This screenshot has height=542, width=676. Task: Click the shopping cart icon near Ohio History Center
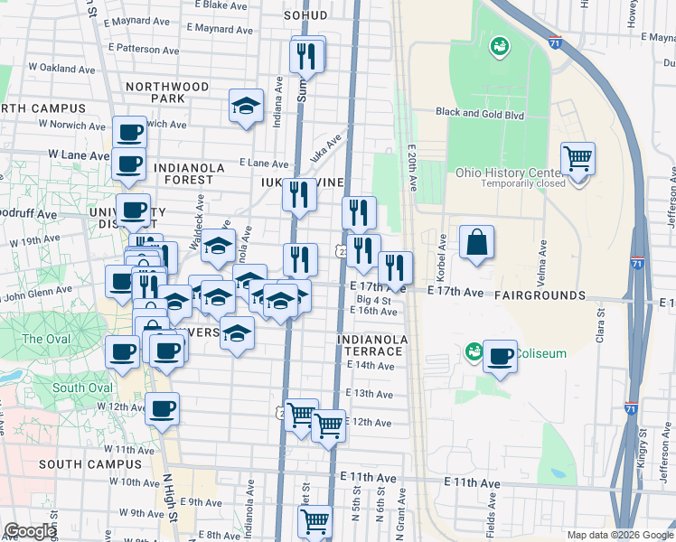tap(577, 160)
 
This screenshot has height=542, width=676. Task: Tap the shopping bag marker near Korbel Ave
tap(476, 242)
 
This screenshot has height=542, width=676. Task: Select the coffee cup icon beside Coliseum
tap(500, 357)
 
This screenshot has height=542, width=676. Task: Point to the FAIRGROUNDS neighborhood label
tap(540, 295)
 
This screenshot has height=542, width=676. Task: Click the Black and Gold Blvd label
tap(479, 113)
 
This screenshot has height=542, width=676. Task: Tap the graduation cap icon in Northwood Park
tap(246, 107)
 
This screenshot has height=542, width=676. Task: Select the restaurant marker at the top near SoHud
tap(307, 56)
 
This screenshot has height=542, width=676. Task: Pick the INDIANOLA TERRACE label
tap(372, 345)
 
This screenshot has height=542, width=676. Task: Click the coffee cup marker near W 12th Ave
tap(163, 409)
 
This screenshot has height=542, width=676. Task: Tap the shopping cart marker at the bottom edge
tap(315, 521)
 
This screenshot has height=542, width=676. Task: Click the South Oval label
tap(81, 388)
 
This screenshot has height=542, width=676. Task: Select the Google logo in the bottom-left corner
tap(30, 531)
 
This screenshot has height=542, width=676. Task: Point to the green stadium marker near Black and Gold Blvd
tap(498, 46)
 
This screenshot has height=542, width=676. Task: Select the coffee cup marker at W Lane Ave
tap(129, 164)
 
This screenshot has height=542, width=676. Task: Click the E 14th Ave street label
tap(370, 366)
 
